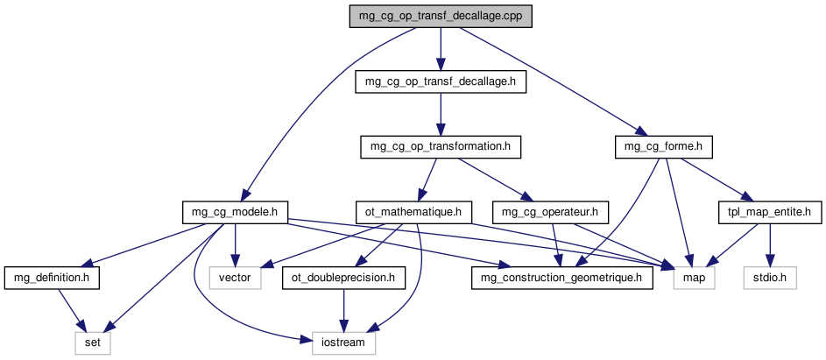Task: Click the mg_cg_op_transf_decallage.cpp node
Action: tap(440, 16)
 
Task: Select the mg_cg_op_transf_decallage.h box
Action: tap(440, 81)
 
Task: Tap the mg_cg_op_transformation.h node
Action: tap(440, 146)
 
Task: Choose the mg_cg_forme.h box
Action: tap(663, 146)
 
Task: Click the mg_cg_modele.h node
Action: tap(235, 211)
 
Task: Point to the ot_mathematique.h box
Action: tap(413, 211)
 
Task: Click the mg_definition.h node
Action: tap(52, 279)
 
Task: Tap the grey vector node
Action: tap(235, 279)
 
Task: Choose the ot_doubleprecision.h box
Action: tap(344, 279)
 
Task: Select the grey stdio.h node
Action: tap(771, 279)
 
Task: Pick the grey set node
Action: tap(92, 343)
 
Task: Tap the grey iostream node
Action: tap(344, 343)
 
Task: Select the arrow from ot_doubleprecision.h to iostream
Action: tap(344, 311)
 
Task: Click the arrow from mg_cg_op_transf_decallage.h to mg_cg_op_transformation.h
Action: tap(440, 114)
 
